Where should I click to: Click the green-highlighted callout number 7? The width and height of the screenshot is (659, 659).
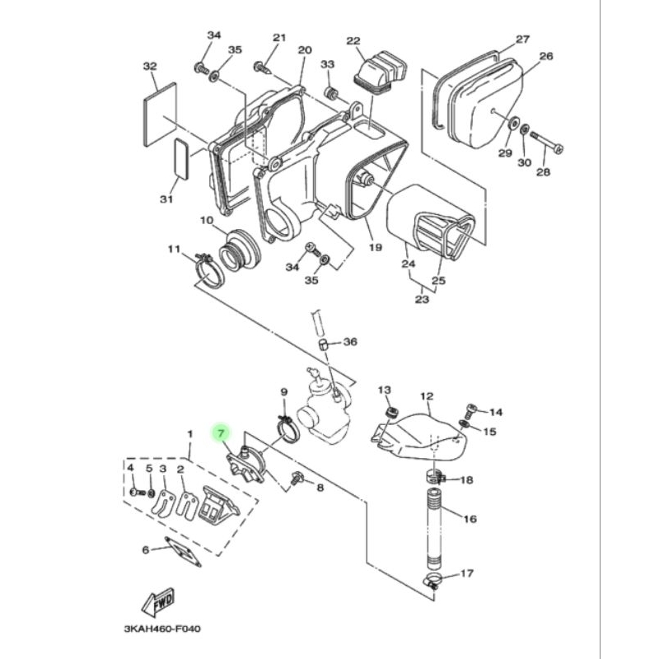click(221, 432)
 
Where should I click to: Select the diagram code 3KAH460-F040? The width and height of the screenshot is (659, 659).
click(162, 629)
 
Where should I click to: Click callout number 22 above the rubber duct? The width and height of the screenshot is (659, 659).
click(353, 40)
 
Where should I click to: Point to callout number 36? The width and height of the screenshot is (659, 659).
click(350, 342)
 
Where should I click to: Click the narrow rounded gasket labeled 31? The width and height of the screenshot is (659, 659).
click(181, 159)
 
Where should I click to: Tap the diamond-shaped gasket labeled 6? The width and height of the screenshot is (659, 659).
click(183, 552)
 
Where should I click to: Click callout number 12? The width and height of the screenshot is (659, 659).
click(427, 396)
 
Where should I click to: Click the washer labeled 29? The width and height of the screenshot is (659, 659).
click(512, 124)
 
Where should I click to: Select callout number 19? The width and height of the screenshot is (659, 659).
click(375, 248)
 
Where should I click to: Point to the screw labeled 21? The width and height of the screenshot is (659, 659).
click(263, 68)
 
